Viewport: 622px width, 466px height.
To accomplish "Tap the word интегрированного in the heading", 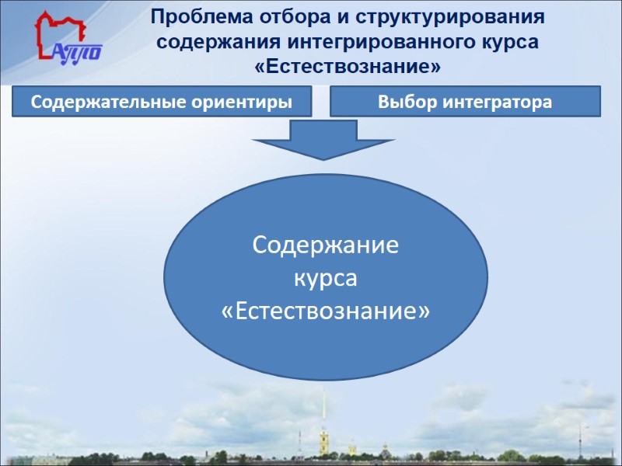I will tap(372, 41).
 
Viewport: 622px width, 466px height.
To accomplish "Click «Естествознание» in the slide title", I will tap(347, 67).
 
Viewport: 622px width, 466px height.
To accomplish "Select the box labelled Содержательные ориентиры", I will tap(162, 102).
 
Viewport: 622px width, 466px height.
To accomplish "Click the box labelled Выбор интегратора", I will tap(466, 102).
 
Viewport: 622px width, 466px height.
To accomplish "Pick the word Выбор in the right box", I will tap(404, 102).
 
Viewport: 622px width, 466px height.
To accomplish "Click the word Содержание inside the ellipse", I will tap(326, 246).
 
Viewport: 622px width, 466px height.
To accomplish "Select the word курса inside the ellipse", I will tap(326, 279).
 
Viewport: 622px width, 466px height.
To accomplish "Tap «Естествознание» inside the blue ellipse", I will tap(326, 311).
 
